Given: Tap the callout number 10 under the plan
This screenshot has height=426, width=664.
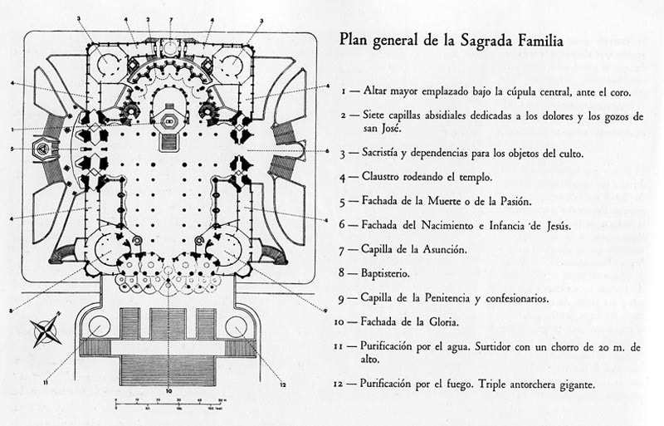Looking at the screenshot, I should (x=168, y=390).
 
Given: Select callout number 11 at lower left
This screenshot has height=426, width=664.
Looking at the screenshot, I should (x=45, y=382).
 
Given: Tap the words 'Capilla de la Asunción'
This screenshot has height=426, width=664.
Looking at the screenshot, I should (x=417, y=248).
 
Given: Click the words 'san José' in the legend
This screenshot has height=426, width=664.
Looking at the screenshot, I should (x=381, y=129).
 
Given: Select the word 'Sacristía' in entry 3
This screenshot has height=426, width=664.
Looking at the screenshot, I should (x=386, y=153).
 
